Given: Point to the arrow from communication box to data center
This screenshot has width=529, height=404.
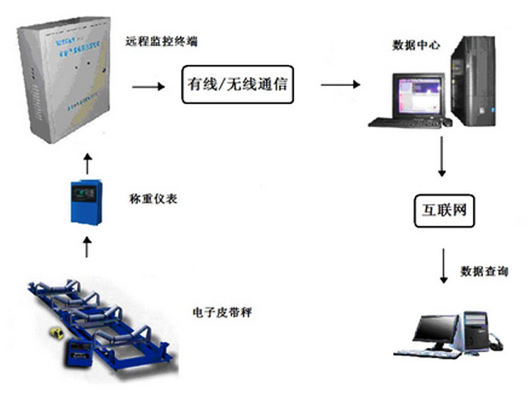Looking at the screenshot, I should [340, 85].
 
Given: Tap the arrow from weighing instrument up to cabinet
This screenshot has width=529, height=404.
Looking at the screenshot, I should [87, 162].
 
